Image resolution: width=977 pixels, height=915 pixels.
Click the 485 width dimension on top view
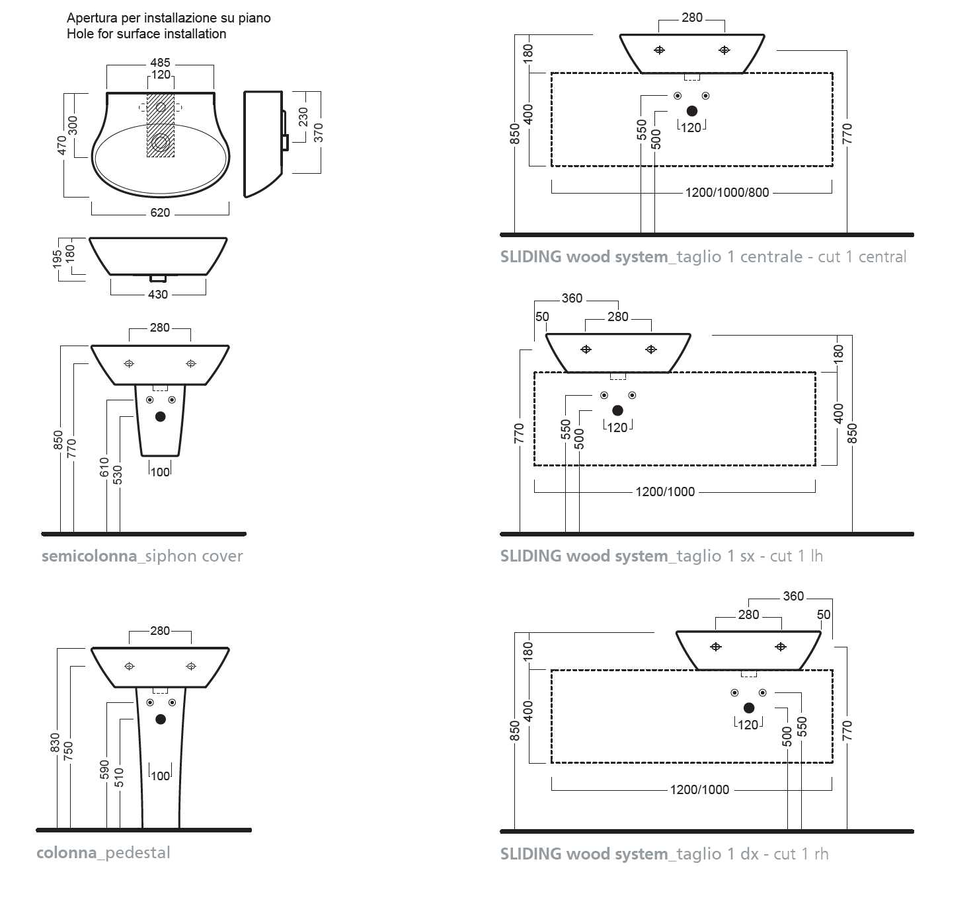pos(160,63)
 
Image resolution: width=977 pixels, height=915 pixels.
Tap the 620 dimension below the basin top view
pos(160,213)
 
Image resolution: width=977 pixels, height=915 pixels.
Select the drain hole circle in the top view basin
pos(161,142)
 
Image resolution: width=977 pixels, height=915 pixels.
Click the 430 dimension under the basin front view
pos(157,295)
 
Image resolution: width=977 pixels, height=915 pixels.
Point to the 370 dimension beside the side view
pos(319,132)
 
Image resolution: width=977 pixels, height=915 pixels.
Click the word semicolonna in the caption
pos(89,556)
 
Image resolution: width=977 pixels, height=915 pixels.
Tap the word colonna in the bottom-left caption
pos(67,853)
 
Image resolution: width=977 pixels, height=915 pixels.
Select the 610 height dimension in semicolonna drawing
pos(104,466)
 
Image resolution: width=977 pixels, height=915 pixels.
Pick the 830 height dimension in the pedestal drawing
pos(55,743)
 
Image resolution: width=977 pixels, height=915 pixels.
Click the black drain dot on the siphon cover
pos(160,417)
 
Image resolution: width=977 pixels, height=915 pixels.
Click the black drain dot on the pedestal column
pos(161,719)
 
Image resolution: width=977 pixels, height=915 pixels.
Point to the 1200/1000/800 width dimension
pos(727,192)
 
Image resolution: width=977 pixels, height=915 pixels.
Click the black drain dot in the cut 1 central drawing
pos(692,111)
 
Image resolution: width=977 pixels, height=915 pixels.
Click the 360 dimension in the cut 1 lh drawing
pos(572,298)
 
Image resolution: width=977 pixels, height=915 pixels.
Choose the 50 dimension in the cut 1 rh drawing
pos(824,614)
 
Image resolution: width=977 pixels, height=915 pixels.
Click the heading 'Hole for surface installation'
pos(146,34)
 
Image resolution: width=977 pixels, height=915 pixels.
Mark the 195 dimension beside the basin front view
pos(58,258)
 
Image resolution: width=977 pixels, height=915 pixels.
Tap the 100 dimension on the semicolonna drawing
pos(160,472)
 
